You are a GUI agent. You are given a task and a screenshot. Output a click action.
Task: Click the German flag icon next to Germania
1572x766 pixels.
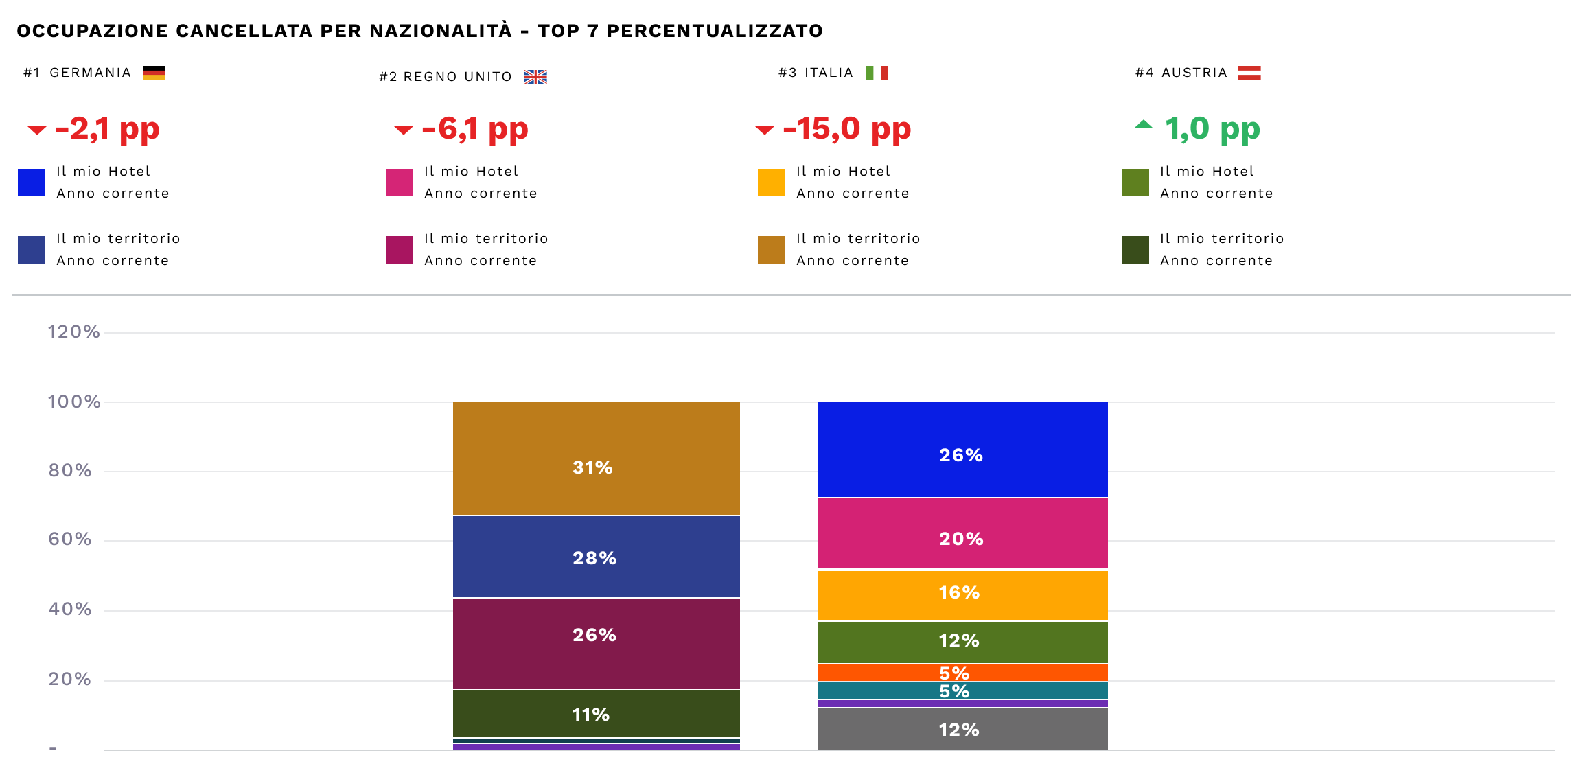point(154,73)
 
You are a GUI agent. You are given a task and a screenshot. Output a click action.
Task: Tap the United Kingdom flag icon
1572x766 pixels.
point(535,77)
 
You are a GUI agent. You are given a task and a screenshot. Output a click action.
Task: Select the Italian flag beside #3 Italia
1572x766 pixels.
point(877,73)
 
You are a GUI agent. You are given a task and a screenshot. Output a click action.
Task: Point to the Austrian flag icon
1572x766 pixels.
point(1249,73)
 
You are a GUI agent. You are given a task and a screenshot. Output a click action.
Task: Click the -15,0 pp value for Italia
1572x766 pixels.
point(846,129)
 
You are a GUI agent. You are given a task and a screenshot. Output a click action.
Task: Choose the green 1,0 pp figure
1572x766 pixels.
point(1212,129)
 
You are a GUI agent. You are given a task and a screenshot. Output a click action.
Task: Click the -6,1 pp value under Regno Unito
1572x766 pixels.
point(475,129)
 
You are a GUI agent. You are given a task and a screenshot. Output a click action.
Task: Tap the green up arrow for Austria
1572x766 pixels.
point(1143,125)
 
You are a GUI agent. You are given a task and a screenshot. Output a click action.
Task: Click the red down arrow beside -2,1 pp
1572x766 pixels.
point(36,130)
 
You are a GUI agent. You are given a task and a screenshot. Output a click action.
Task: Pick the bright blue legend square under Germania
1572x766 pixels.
point(32,183)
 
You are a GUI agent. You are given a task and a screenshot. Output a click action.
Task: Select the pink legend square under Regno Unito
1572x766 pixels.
point(400,183)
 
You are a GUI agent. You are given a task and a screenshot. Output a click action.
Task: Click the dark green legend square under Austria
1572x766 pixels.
point(1135,250)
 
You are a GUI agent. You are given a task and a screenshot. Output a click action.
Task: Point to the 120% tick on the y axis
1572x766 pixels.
point(73,332)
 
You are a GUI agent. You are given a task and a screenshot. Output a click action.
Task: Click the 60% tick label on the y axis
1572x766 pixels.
point(69,539)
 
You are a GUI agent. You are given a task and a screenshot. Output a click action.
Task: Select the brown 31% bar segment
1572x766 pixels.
point(596,459)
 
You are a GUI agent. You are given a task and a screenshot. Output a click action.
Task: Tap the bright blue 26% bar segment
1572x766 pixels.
point(962,450)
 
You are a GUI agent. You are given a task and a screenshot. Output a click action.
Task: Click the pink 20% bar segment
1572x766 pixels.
point(962,534)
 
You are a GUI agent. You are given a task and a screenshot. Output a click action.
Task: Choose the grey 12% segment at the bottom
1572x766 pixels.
point(962,729)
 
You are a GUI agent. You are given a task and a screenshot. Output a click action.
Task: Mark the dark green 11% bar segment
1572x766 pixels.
point(596,714)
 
